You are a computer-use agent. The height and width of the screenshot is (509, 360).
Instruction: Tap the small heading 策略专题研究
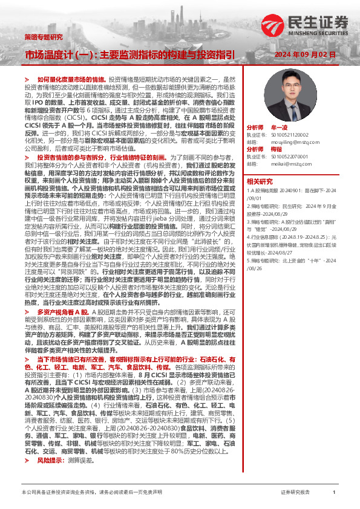click(x=42, y=36)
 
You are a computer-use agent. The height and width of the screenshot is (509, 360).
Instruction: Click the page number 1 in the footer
click(x=334, y=493)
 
